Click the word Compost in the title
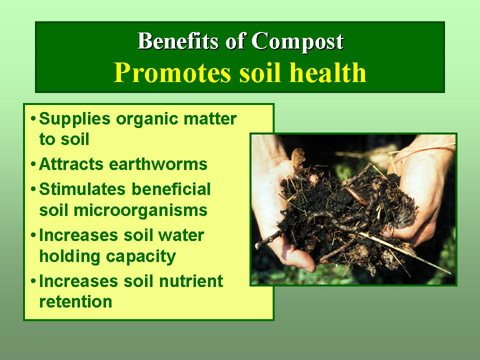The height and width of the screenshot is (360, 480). [297, 41]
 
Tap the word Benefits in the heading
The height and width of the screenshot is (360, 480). [178, 40]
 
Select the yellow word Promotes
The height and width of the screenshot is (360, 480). [172, 73]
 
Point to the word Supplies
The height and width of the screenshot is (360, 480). [74, 119]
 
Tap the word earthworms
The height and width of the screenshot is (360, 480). [158, 164]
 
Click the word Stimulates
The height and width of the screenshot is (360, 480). [82, 189]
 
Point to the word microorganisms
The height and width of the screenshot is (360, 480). [140, 211]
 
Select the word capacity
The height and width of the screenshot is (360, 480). [141, 257]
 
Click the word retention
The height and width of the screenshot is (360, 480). [75, 302]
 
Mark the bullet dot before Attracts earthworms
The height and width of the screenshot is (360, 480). [33, 164]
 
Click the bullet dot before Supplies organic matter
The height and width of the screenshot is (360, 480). [33, 118]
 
